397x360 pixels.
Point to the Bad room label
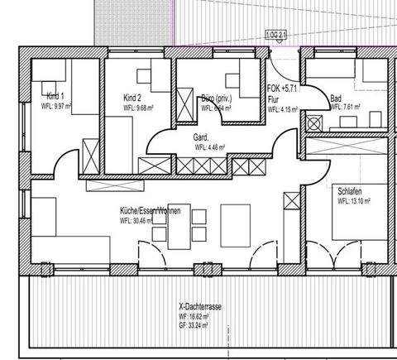coord(336,97)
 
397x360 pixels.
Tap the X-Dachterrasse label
coord(199,306)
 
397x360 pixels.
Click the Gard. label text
coord(201,137)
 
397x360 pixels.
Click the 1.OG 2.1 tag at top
coord(276,33)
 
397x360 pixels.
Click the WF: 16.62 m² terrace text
coord(199,316)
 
